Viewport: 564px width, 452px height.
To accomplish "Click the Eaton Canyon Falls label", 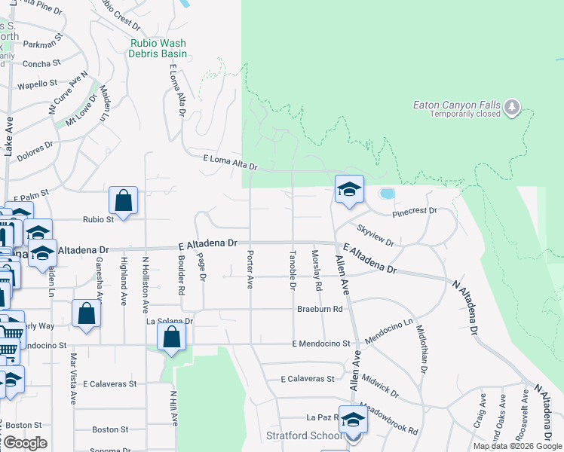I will click(x=457, y=105).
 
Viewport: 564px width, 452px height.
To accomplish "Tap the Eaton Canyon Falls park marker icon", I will click(x=513, y=107).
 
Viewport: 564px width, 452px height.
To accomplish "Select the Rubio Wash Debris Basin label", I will click(x=158, y=48).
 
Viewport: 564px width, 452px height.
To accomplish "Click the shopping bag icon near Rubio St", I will click(x=123, y=201).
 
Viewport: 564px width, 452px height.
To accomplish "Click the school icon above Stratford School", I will click(x=352, y=420).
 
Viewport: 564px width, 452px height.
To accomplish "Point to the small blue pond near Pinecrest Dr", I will click(x=387, y=194).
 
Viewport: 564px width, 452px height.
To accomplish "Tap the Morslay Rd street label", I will click(x=318, y=271).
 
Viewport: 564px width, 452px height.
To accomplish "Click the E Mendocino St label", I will click(x=322, y=344).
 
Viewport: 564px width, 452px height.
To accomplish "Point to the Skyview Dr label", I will click(x=375, y=235).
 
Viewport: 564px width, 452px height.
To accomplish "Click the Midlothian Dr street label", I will click(x=421, y=348).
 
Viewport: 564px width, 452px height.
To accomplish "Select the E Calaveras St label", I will click(x=307, y=379).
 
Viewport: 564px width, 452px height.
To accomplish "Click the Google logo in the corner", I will click(x=24, y=443).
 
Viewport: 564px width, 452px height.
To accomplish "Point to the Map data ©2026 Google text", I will click(x=517, y=446).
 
